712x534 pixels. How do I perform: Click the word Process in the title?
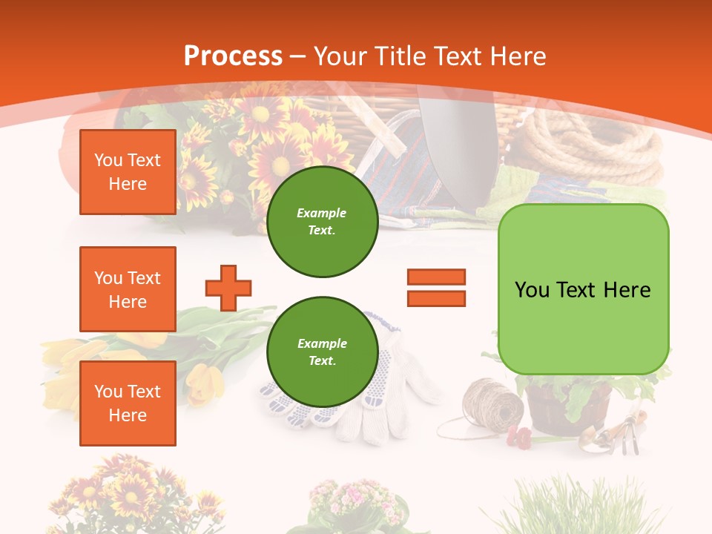233,56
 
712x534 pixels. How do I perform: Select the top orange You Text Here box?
128,172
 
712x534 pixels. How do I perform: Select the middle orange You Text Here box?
128,289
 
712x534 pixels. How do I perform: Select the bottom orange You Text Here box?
128,403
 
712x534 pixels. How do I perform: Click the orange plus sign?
228,288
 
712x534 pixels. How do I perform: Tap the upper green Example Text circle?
322,222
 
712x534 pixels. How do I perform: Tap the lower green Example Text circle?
322,352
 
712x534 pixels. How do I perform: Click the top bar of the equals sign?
436,277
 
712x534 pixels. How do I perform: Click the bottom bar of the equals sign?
436,298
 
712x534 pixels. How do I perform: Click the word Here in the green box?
627,290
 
